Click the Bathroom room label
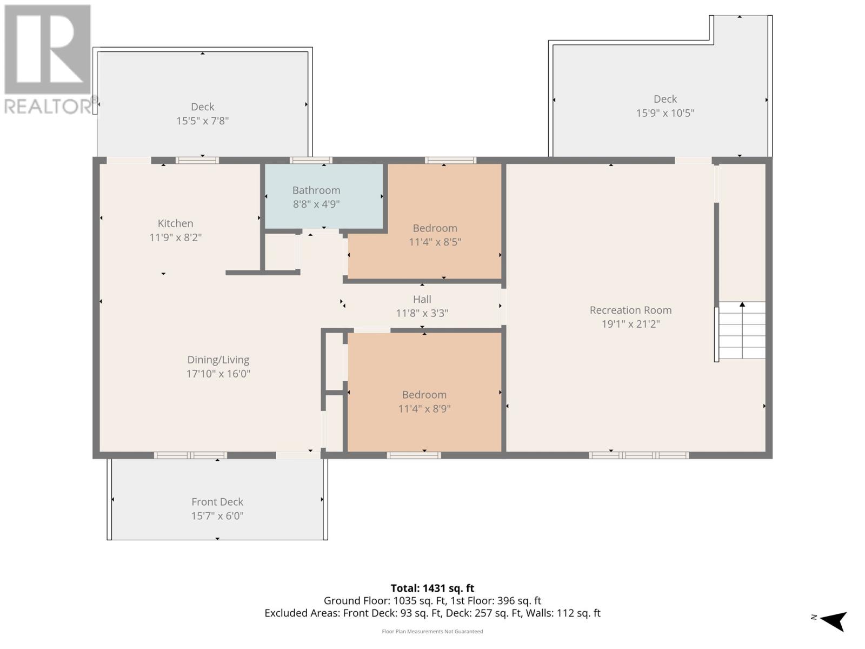316,190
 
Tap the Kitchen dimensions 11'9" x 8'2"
175,237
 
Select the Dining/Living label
218,360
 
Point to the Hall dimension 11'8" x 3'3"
422,313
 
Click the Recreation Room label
630,310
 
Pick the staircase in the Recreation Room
741,330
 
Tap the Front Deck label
217,502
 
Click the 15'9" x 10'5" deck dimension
665,113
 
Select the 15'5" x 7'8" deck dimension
202,121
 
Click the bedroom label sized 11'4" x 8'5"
435,228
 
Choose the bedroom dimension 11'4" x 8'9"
424,409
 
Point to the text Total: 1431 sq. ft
432,588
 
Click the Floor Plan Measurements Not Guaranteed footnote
432,631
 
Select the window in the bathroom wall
311,161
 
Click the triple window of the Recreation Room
639,455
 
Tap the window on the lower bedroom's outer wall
414,455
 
